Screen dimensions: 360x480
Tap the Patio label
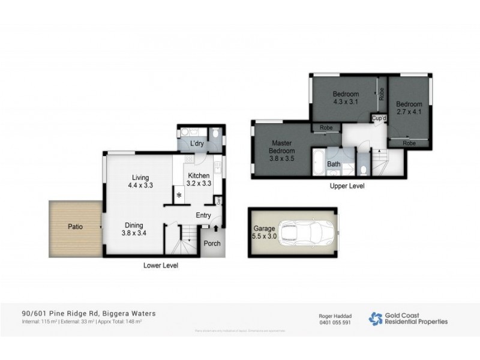pyautogui.click(x=75, y=227)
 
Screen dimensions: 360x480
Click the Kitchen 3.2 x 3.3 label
pyautogui.click(x=199, y=179)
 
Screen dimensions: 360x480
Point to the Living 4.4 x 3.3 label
pyautogui.click(x=141, y=182)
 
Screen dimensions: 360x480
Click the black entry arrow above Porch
pyautogui.click(x=215, y=229)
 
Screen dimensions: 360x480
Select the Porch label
pyautogui.click(x=212, y=243)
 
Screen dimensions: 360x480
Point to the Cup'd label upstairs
pyautogui.click(x=379, y=118)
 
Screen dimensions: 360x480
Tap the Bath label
pyautogui.click(x=334, y=164)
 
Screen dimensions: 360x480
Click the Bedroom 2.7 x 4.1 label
pyautogui.click(x=409, y=107)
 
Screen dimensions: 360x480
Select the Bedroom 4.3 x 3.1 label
pyautogui.click(x=346, y=98)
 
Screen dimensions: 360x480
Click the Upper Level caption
pyautogui.click(x=347, y=187)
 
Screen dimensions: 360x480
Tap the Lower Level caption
pyautogui.click(x=160, y=265)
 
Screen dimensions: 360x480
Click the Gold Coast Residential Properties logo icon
pyautogui.click(x=376, y=319)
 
